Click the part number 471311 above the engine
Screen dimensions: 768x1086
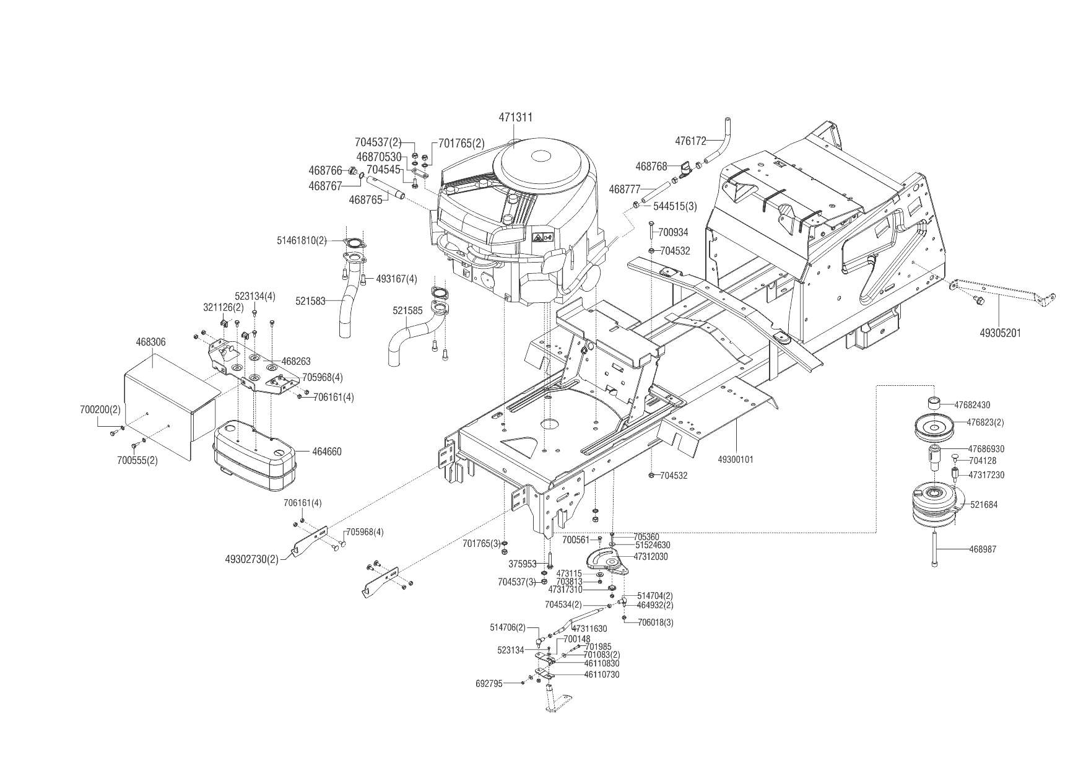tap(516, 117)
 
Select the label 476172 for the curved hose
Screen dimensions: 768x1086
tap(690, 141)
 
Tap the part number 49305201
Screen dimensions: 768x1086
tap(1000, 333)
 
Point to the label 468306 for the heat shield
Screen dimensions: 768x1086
tap(150, 342)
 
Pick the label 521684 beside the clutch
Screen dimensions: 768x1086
tap(984, 505)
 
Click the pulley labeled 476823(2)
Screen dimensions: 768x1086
tap(936, 427)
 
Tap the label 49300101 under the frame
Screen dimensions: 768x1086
tap(736, 460)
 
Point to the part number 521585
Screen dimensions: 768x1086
tap(408, 312)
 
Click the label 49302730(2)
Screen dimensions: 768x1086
tap(251, 559)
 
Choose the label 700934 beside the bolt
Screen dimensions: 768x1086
tap(673, 232)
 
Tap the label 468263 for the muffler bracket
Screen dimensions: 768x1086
tap(296, 361)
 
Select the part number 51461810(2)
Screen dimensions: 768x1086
tap(302, 240)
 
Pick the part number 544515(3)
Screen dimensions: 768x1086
tap(675, 206)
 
